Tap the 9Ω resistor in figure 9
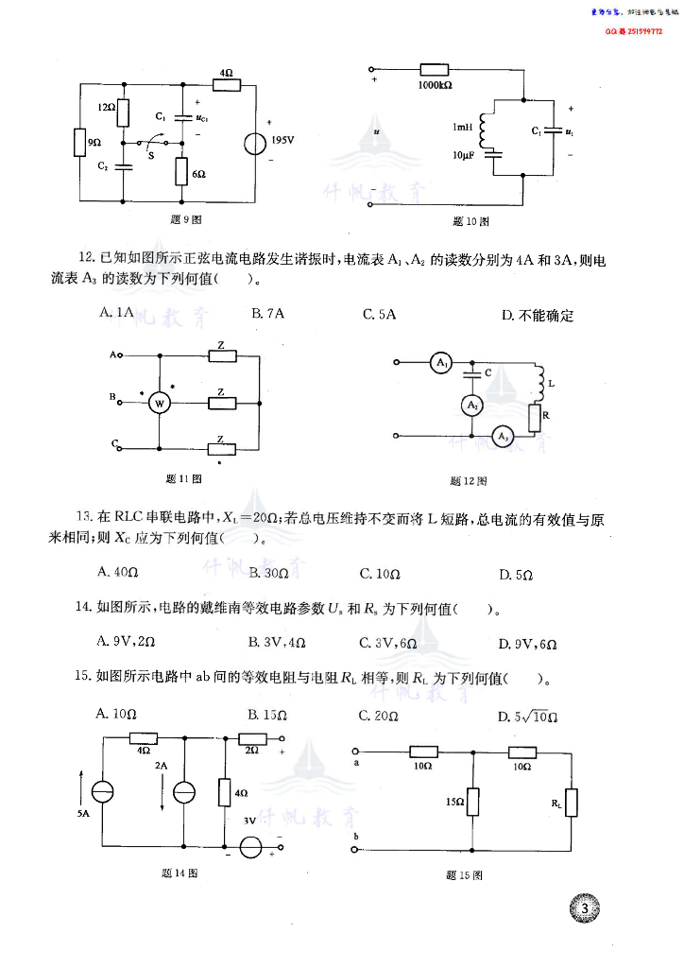(x=79, y=143)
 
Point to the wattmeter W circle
(x=159, y=404)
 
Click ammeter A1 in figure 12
(x=440, y=362)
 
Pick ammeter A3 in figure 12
(x=502, y=436)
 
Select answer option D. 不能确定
(x=538, y=315)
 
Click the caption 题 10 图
(x=470, y=221)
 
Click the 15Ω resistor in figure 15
(x=474, y=802)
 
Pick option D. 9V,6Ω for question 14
(x=527, y=644)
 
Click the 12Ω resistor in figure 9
(x=123, y=114)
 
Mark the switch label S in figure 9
(x=151, y=154)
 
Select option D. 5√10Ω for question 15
(x=529, y=717)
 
